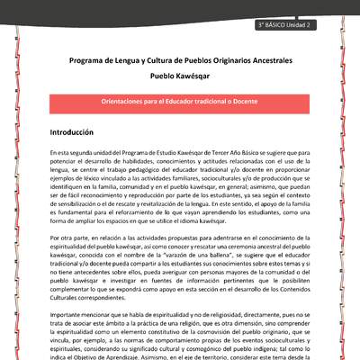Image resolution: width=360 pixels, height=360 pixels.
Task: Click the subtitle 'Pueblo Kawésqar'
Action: click(179, 78)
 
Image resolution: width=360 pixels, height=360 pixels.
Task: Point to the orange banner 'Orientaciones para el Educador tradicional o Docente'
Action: click(179, 102)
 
